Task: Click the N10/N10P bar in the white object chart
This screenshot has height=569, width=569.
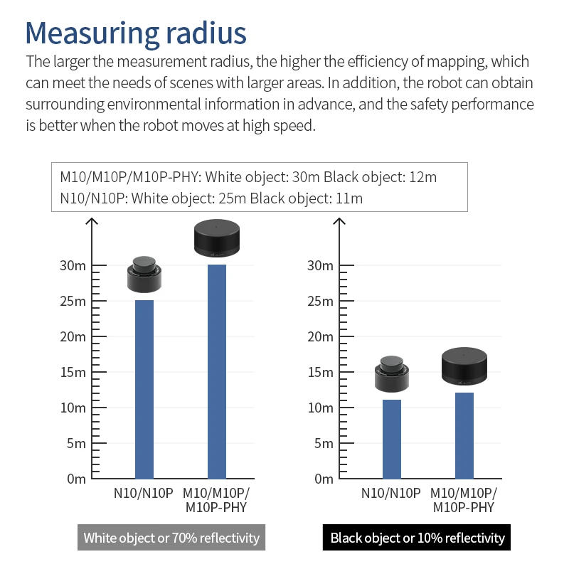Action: click(x=144, y=389)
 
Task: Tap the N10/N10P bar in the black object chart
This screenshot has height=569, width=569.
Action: click(x=392, y=439)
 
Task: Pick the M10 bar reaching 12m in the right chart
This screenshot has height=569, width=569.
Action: click(x=464, y=435)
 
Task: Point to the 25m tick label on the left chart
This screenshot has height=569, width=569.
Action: click(x=71, y=301)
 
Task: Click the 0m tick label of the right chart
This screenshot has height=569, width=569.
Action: click(x=321, y=479)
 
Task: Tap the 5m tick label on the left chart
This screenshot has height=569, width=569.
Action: click(x=74, y=443)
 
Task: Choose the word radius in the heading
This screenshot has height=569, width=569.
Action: click(x=207, y=33)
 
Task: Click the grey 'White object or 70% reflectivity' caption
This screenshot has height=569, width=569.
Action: click(x=171, y=538)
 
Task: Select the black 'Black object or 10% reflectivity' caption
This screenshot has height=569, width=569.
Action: click(x=418, y=538)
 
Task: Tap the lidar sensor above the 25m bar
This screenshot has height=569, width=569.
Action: click(x=144, y=274)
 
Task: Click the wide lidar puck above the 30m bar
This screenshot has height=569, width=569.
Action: click(x=217, y=238)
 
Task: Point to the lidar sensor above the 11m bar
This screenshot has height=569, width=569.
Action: click(x=392, y=373)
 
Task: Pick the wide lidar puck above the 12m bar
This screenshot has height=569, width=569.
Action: click(x=464, y=366)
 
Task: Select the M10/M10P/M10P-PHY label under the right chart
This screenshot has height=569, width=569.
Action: click(x=464, y=500)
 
